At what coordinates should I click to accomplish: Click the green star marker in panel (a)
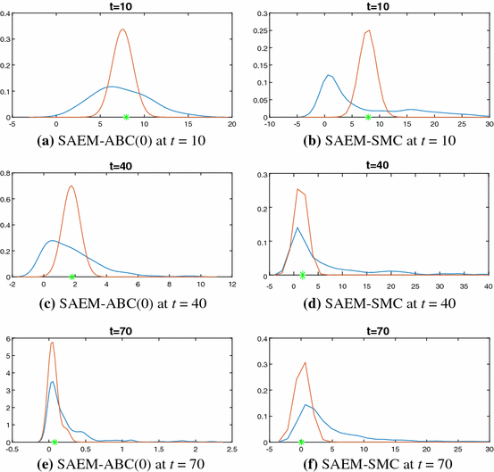pyautogui.click(x=126, y=117)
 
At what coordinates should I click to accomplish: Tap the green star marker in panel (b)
pyautogui.click(x=368, y=117)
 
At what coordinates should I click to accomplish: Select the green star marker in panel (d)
pyautogui.click(x=303, y=275)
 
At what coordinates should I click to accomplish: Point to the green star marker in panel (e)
pyautogui.click(x=54, y=442)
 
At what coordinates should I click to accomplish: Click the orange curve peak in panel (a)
pyautogui.click(x=122, y=29)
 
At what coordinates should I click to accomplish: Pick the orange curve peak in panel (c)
pyautogui.click(x=71, y=186)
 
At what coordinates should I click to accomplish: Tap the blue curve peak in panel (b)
pyautogui.click(x=329, y=75)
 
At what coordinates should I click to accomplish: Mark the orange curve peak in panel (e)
pyautogui.click(x=53, y=343)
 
